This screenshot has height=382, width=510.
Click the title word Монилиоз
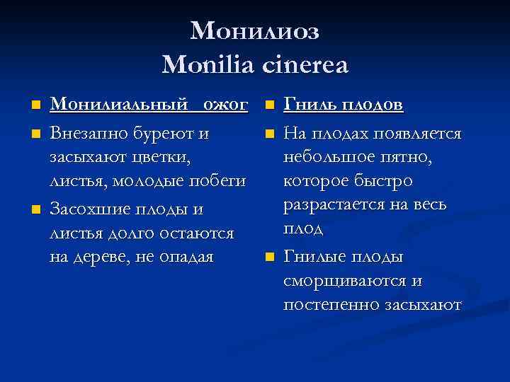pyautogui.click(x=255, y=30)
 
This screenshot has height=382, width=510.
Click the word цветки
pyautogui.click(x=169, y=156)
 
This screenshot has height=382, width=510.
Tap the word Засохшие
pyautogui.click(x=92, y=210)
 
